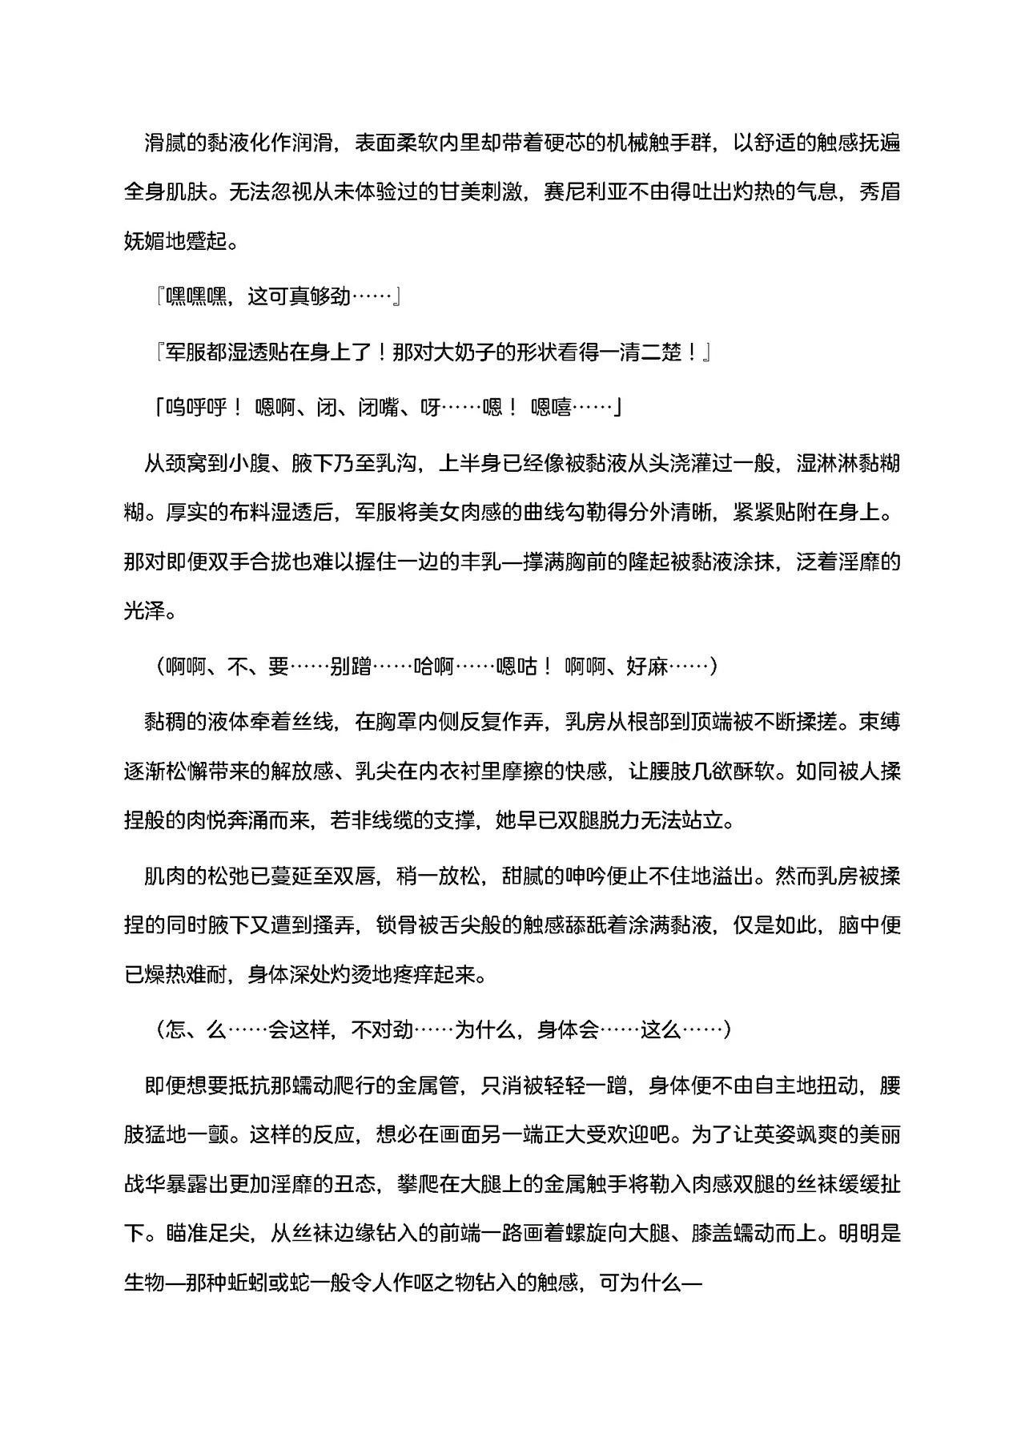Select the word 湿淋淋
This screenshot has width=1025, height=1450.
tap(807, 464)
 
